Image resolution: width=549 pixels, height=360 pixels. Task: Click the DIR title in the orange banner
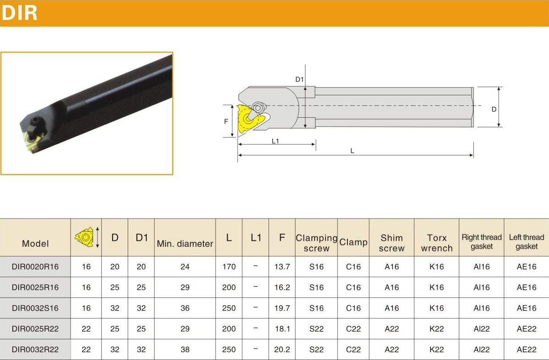point(19,13)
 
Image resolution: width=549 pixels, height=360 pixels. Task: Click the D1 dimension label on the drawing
point(299,79)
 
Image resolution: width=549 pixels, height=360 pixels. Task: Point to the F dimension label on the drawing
point(226,121)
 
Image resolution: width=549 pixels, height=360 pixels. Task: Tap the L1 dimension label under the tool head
point(275,141)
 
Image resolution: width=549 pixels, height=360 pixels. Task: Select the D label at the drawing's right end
point(494,109)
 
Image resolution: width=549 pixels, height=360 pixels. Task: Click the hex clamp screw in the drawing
point(258,108)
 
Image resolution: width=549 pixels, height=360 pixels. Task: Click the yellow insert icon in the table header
point(84,237)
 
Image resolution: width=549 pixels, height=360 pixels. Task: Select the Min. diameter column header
point(185,244)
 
